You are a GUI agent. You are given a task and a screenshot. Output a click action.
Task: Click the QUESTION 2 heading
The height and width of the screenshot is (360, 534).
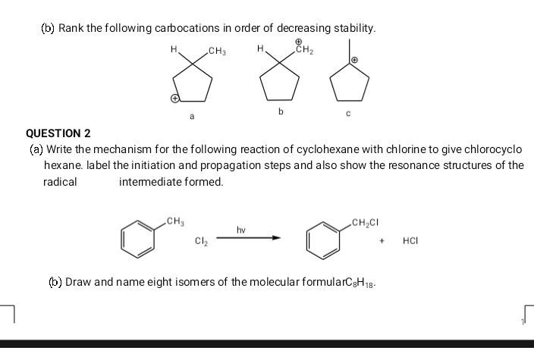(x=58, y=133)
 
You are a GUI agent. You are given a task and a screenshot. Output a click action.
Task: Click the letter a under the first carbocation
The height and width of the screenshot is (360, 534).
(x=192, y=117)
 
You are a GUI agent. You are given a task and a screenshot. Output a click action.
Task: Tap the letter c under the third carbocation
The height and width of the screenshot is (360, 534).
(x=349, y=114)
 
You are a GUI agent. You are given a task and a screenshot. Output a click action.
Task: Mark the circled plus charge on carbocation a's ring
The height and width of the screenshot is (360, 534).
(x=174, y=99)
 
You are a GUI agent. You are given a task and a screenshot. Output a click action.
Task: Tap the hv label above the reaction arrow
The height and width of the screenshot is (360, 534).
(x=241, y=228)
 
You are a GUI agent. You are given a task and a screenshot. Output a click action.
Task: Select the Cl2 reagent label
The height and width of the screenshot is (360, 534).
(x=200, y=243)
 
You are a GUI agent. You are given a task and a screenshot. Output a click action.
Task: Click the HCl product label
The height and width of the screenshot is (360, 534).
(x=410, y=243)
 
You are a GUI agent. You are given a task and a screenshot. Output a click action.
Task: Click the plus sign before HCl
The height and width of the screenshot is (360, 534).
(x=384, y=243)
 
